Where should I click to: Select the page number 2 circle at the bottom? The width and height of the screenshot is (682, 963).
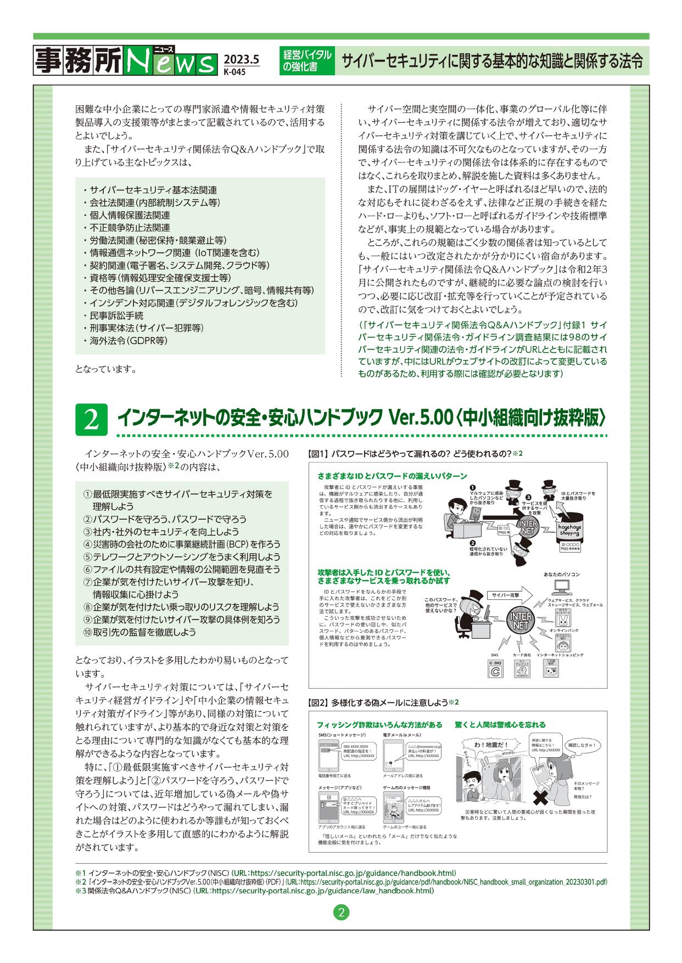(x=341, y=914)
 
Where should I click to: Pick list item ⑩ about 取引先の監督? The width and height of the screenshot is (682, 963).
(x=139, y=632)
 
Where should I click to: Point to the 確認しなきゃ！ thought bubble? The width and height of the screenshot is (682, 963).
(x=583, y=745)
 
